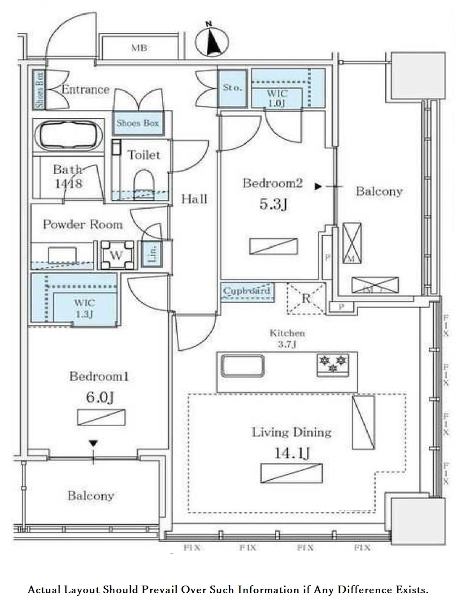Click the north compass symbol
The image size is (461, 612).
pyautogui.click(x=212, y=42)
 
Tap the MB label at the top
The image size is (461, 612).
pyautogui.click(x=139, y=48)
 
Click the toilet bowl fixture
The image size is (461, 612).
pyautogui.click(x=144, y=181)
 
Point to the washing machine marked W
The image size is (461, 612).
pyautogui.click(x=117, y=255)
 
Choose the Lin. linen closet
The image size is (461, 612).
pyautogui.click(x=152, y=254)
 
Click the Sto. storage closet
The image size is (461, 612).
pyautogui.click(x=232, y=88)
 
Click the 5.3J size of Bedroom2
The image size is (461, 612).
pyautogui.click(x=273, y=204)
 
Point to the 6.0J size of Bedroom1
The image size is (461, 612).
pyautogui.click(x=100, y=397)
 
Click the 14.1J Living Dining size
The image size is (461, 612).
pyautogui.click(x=291, y=453)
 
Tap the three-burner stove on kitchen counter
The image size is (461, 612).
pyautogui.click(x=332, y=363)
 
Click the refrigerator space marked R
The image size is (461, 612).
pyautogui.click(x=306, y=298)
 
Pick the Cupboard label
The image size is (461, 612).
pyautogui.click(x=247, y=291)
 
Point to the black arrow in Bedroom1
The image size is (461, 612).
pyautogui.click(x=93, y=444)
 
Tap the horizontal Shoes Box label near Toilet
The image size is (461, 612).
pyautogui.click(x=138, y=123)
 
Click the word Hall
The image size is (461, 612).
pyautogui.click(x=194, y=198)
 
